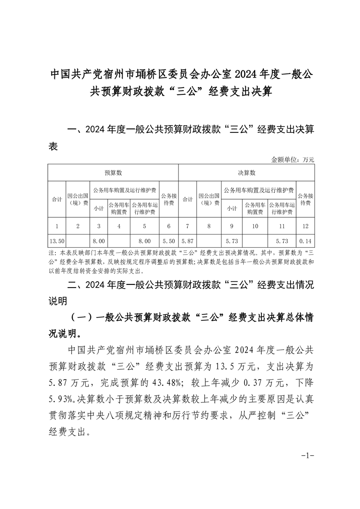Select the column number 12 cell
click(305, 225)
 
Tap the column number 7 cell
click(187, 225)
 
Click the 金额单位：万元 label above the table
click(292, 160)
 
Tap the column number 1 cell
click(56, 225)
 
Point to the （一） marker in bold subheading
click(82, 318)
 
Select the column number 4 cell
click(118, 225)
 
